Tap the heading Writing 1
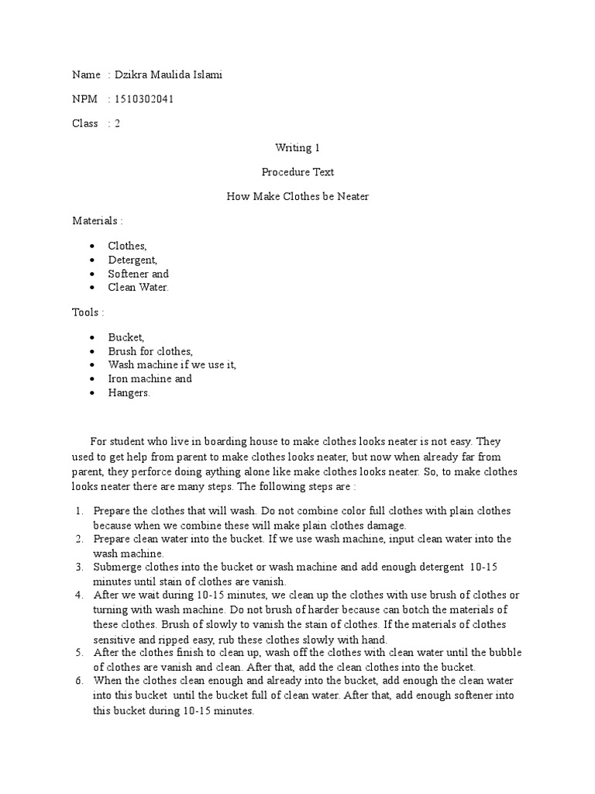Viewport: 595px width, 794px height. (297, 147)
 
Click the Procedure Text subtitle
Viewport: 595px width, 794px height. (297, 172)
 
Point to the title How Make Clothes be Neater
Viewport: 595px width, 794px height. (297, 196)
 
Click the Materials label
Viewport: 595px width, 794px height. (98, 221)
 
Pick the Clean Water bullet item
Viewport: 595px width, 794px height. (138, 288)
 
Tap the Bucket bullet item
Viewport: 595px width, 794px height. (126, 337)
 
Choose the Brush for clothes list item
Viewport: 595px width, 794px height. (150, 351)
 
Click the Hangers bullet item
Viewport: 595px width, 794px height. (129, 393)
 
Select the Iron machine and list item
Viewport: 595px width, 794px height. (150, 379)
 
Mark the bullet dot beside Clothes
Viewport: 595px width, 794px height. (92, 246)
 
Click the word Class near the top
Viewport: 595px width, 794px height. (85, 123)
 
